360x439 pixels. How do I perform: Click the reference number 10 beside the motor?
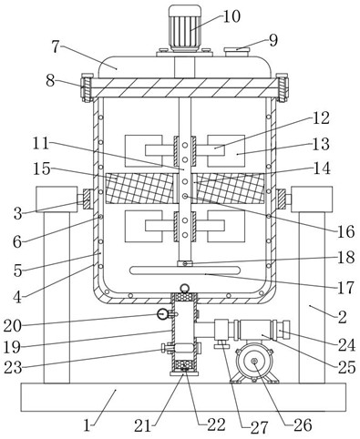pos(231,16)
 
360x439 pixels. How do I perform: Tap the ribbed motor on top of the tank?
pos(185,28)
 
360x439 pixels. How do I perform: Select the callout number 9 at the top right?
pos(273,40)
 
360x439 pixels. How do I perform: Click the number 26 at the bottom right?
pos(303,424)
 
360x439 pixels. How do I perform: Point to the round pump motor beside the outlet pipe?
pos(254,362)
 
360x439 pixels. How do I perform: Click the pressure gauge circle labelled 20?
pos(162,314)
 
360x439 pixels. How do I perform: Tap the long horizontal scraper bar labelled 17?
pos(185,270)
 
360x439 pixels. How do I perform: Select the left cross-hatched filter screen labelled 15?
pos(139,189)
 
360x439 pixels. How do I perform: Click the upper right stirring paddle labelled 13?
pos(226,150)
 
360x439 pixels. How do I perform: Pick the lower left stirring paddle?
pos(144,226)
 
